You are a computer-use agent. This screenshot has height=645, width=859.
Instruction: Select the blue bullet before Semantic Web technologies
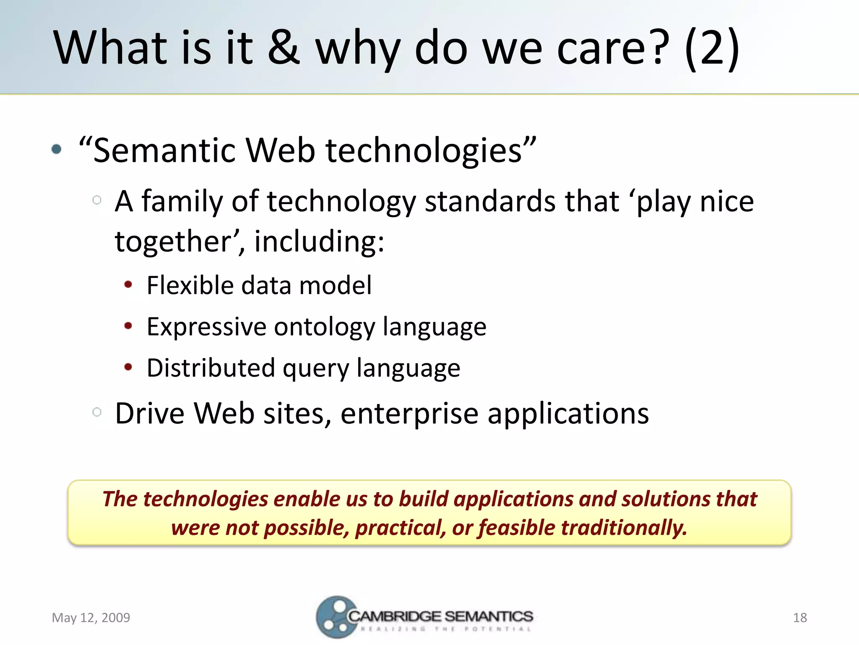[57, 149]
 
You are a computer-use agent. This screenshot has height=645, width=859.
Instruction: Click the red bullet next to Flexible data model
[128, 285]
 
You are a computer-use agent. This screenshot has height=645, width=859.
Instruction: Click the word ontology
[324, 327]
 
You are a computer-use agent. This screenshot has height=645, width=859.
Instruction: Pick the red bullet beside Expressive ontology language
[128, 326]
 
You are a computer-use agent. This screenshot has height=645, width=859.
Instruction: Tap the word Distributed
[211, 368]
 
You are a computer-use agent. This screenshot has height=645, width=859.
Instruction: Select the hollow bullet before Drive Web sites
[97, 412]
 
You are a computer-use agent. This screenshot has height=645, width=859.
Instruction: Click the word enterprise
[409, 414]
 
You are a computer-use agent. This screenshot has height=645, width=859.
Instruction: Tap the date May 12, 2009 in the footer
[91, 617]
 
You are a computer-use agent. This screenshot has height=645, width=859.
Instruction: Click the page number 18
[800, 617]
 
